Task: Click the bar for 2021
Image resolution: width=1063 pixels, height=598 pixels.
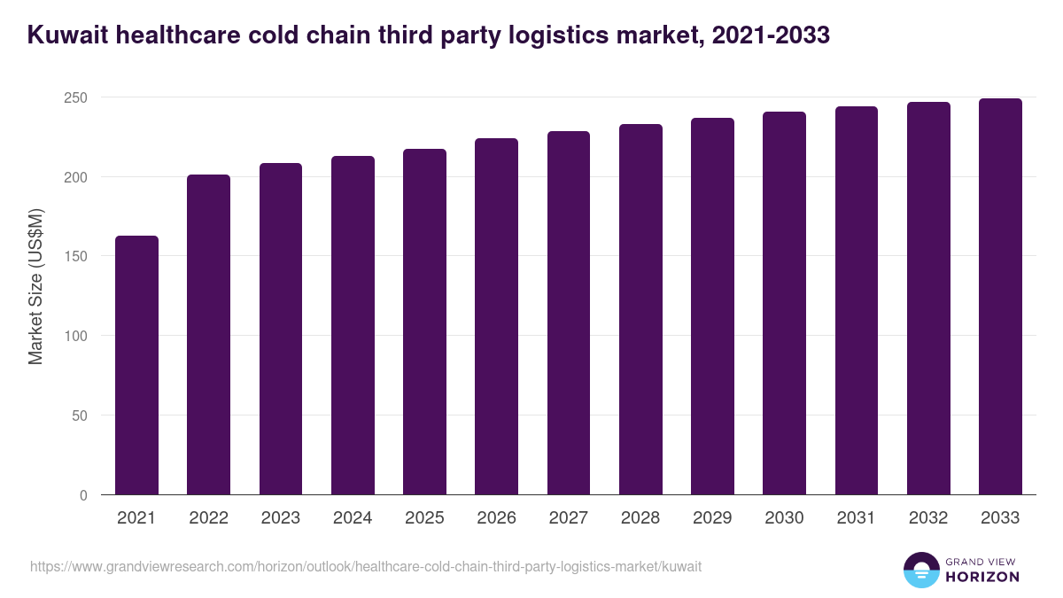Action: [x=136, y=365]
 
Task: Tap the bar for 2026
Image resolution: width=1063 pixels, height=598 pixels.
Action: [x=496, y=316]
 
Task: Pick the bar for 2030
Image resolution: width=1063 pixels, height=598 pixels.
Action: [x=784, y=303]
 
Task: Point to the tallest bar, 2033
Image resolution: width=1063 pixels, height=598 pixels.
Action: [x=1000, y=297]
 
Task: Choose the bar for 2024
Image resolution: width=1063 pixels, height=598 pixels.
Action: [x=353, y=325]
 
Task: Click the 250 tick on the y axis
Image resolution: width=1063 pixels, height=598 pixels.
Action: [x=76, y=97]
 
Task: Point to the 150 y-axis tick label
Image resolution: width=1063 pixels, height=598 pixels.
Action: [x=76, y=256]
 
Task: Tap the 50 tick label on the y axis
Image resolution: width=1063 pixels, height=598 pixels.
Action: [x=80, y=415]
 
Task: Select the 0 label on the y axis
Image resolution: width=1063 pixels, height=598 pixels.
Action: [x=83, y=495]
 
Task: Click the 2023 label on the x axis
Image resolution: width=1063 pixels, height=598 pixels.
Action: [x=281, y=518]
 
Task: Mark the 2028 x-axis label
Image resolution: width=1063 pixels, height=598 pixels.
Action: [x=640, y=518]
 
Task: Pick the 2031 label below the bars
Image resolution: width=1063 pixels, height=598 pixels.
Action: [x=857, y=518]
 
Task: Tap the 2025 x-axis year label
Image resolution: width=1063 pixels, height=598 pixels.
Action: [x=424, y=518]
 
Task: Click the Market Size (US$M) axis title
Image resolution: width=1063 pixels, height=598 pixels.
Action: [x=35, y=286]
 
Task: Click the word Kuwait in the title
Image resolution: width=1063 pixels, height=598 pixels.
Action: [x=63, y=35]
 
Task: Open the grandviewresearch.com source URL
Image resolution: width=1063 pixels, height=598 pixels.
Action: [x=366, y=566]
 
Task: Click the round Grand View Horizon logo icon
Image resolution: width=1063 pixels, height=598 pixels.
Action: [x=921, y=570]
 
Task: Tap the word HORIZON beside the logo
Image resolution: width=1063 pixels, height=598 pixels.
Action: [x=983, y=577]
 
